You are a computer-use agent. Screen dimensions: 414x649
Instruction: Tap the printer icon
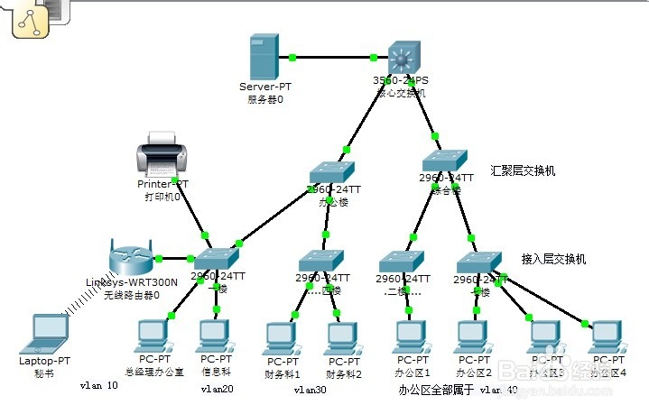click(x=162, y=153)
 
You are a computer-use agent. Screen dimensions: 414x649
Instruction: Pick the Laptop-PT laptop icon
click(x=44, y=334)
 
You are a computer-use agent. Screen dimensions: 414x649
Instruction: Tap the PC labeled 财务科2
click(x=343, y=339)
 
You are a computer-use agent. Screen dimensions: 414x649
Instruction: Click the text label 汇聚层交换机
click(x=523, y=170)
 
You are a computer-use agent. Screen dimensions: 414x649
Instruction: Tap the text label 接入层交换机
click(x=553, y=259)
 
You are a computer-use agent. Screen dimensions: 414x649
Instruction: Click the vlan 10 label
click(x=98, y=385)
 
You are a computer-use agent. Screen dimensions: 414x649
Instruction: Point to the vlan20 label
click(x=217, y=390)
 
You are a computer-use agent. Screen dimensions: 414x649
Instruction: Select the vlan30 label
click(x=312, y=391)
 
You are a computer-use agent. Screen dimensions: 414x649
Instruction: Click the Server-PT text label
click(x=265, y=87)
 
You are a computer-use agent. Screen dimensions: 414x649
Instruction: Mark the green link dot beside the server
click(x=292, y=58)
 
